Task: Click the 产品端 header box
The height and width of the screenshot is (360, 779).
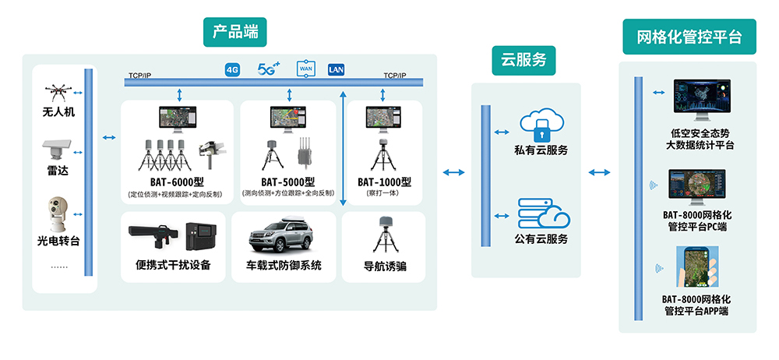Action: [235, 32]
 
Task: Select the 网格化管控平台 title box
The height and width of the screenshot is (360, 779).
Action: [689, 37]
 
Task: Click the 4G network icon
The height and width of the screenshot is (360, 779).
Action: [232, 70]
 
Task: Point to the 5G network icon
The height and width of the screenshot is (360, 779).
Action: [268, 69]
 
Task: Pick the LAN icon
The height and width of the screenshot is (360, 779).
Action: [337, 69]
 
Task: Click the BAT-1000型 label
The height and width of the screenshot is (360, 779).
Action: [384, 182]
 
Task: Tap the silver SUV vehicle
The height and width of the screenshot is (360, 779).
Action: [283, 235]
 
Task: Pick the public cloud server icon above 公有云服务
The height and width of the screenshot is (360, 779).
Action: [543, 214]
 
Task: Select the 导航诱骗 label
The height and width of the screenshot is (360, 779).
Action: [384, 267]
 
